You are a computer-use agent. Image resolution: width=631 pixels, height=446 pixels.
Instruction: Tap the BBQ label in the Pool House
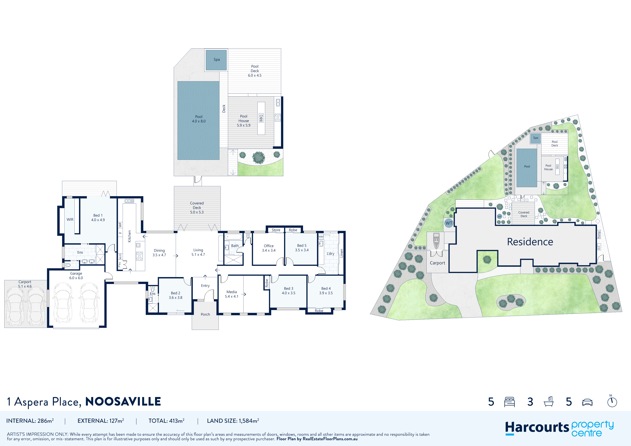click(261, 118)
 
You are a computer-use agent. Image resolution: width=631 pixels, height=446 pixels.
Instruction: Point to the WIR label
click(70, 219)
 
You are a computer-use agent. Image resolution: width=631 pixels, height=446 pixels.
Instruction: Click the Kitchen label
click(130, 236)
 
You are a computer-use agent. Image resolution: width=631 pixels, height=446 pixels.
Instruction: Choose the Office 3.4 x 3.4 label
click(269, 248)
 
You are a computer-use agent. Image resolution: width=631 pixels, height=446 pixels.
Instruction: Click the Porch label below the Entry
click(205, 314)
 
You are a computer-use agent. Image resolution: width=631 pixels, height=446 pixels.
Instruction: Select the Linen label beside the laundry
click(342, 253)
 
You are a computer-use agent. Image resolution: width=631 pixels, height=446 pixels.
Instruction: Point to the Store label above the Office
click(276, 230)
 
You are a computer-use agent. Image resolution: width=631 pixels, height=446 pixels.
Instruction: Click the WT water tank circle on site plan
click(449, 223)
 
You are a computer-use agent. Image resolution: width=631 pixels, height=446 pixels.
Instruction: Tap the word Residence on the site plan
click(530, 242)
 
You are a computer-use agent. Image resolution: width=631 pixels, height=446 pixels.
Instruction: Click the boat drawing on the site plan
click(436, 241)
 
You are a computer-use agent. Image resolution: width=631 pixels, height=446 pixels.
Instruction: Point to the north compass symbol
click(612, 401)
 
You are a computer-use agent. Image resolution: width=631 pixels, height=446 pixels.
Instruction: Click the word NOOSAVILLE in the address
click(123, 402)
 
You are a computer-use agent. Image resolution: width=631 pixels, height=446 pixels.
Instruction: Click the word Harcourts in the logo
click(537, 428)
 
